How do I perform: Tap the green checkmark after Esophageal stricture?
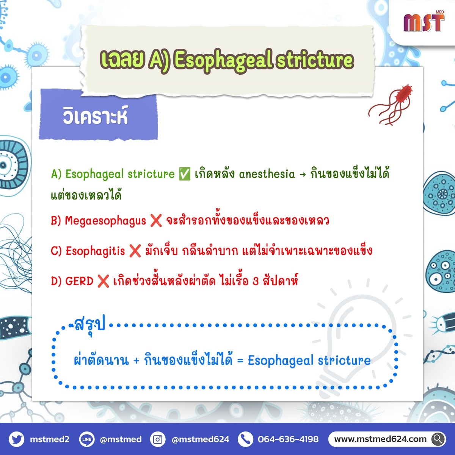(x=185, y=174)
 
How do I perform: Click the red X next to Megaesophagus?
(x=156, y=221)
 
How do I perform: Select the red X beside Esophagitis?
(x=135, y=251)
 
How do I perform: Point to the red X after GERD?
(x=103, y=281)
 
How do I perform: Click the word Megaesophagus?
(x=105, y=221)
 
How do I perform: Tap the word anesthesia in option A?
(x=267, y=174)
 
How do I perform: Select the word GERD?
(x=79, y=281)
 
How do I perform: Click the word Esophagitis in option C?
(x=95, y=251)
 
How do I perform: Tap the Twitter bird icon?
(x=17, y=439)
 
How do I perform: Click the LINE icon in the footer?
(x=87, y=439)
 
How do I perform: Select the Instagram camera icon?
(x=158, y=439)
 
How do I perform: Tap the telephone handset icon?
(x=246, y=439)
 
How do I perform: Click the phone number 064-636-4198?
(x=288, y=439)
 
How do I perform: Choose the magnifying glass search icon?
(x=438, y=439)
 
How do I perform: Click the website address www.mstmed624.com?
(x=380, y=439)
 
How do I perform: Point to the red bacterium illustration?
(x=391, y=105)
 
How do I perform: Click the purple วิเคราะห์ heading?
(x=96, y=116)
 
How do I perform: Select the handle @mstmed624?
(x=201, y=439)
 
